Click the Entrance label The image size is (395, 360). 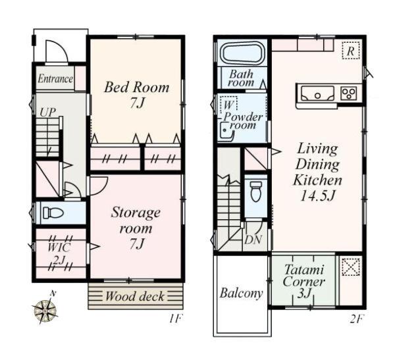coord(55,79)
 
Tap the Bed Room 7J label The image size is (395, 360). coord(137,95)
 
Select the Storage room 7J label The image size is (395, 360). coord(136,228)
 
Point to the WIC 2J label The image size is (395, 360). coord(59,254)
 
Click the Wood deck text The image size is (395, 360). coord(135,296)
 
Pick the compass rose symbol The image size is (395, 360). coord(45,309)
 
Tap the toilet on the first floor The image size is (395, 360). coord(53,213)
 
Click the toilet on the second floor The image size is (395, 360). coord(255,192)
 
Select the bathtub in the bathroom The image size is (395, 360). coord(242,53)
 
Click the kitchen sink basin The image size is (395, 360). coord(318,93)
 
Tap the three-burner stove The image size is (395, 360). coord(349,93)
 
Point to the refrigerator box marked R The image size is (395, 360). coord(351,51)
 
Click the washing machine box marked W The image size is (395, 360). coord(228,104)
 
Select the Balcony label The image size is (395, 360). coord(242,294)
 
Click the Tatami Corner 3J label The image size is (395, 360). coord(303,282)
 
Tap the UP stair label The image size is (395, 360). coord(47,112)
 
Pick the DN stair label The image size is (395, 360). coord(253,240)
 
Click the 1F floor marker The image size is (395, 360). coord(175,319)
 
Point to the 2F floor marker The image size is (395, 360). coord(356,319)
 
